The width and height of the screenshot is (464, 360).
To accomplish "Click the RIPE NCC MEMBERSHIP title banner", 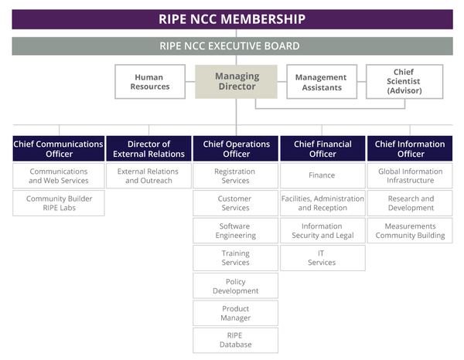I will [232, 19].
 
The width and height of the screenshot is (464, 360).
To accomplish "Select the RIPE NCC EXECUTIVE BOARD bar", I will [232, 46].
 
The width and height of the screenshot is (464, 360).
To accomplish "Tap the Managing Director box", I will [236, 82].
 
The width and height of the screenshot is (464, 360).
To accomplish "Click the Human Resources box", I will [150, 82].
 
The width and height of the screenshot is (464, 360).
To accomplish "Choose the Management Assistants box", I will [321, 82].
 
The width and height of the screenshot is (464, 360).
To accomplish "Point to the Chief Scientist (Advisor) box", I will [404, 82].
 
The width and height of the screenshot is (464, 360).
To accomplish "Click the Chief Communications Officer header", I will [58, 148].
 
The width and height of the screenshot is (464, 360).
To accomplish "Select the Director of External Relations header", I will [149, 148].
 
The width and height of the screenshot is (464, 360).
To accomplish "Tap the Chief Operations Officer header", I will [236, 148].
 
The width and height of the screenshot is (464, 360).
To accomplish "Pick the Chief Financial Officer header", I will [322, 148].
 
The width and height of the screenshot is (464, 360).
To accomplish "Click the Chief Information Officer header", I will [409, 148].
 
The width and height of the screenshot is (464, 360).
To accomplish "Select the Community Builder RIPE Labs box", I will [58, 203].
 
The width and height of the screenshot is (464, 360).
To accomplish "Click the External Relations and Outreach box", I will [149, 176].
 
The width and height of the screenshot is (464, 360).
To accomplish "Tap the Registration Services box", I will [236, 176].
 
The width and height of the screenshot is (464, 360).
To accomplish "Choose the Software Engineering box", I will [236, 231].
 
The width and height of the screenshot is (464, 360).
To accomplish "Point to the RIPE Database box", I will [236, 340].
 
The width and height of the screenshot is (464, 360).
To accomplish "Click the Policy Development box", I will [236, 286].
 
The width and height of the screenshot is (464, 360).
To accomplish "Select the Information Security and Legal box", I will [322, 231].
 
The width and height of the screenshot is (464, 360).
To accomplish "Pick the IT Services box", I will [322, 258].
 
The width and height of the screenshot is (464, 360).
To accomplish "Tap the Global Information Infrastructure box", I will [409, 176].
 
